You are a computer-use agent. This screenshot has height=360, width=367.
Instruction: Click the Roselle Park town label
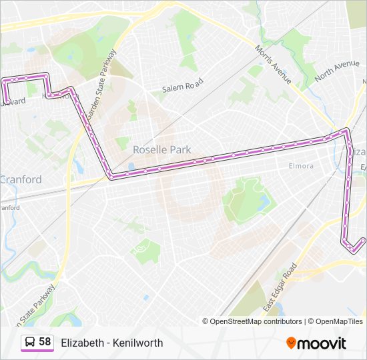(162, 150)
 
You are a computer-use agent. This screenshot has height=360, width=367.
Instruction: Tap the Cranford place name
(21, 179)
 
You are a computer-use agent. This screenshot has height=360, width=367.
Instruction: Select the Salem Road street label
(181, 87)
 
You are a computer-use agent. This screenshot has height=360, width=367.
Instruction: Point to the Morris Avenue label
(274, 64)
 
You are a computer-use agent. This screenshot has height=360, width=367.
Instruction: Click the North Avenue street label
(337, 69)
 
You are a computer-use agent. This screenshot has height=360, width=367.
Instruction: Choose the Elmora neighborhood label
(301, 165)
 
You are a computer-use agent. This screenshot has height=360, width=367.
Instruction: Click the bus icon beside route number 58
(30, 342)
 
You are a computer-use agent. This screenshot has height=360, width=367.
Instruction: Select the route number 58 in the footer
(45, 342)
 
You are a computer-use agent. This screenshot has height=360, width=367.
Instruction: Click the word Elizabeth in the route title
(82, 343)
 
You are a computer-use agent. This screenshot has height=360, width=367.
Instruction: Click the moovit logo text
(322, 343)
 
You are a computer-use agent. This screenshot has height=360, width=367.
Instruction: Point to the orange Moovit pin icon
(291, 343)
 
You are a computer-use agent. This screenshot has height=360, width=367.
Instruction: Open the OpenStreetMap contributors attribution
(256, 321)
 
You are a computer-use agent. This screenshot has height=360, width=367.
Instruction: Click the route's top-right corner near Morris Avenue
(346, 131)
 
